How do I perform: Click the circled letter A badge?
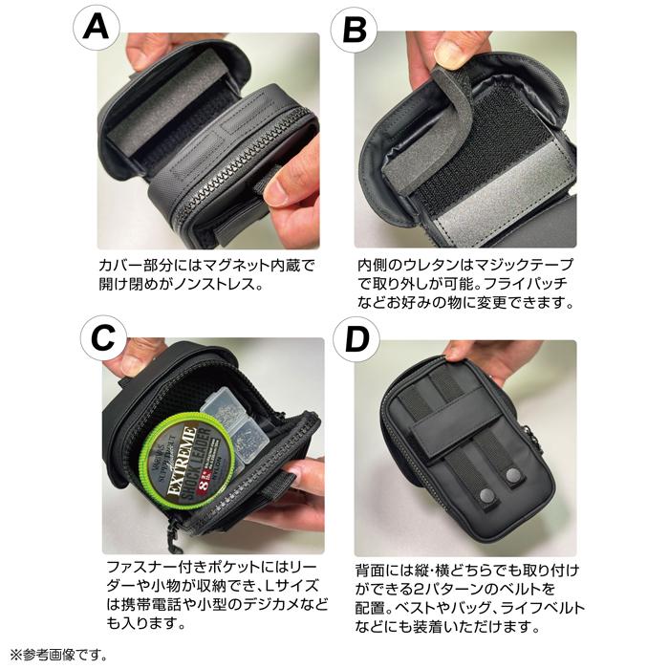97,28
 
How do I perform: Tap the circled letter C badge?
103,338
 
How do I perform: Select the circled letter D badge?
356,339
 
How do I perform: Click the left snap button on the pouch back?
487,495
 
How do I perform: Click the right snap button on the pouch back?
514,475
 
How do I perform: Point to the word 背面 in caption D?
372,571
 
